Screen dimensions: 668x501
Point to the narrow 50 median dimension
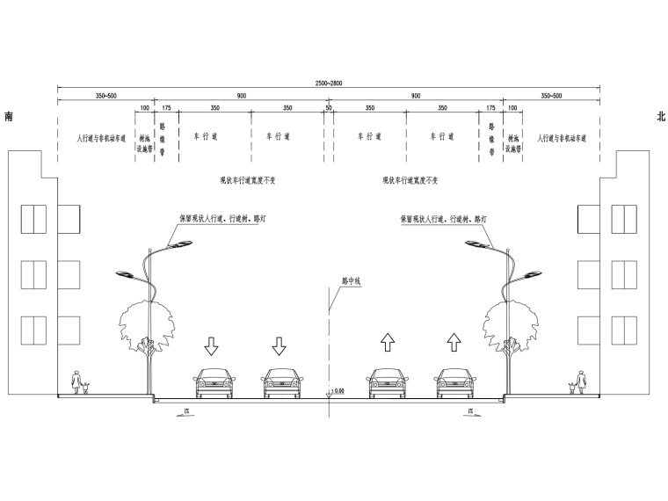click(329, 107)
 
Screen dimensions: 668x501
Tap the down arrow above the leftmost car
click(213, 345)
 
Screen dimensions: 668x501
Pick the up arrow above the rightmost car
click(454, 342)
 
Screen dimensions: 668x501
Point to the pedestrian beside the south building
click(76, 385)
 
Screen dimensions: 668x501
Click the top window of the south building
click(33, 219)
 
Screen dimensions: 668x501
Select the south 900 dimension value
click(241, 95)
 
